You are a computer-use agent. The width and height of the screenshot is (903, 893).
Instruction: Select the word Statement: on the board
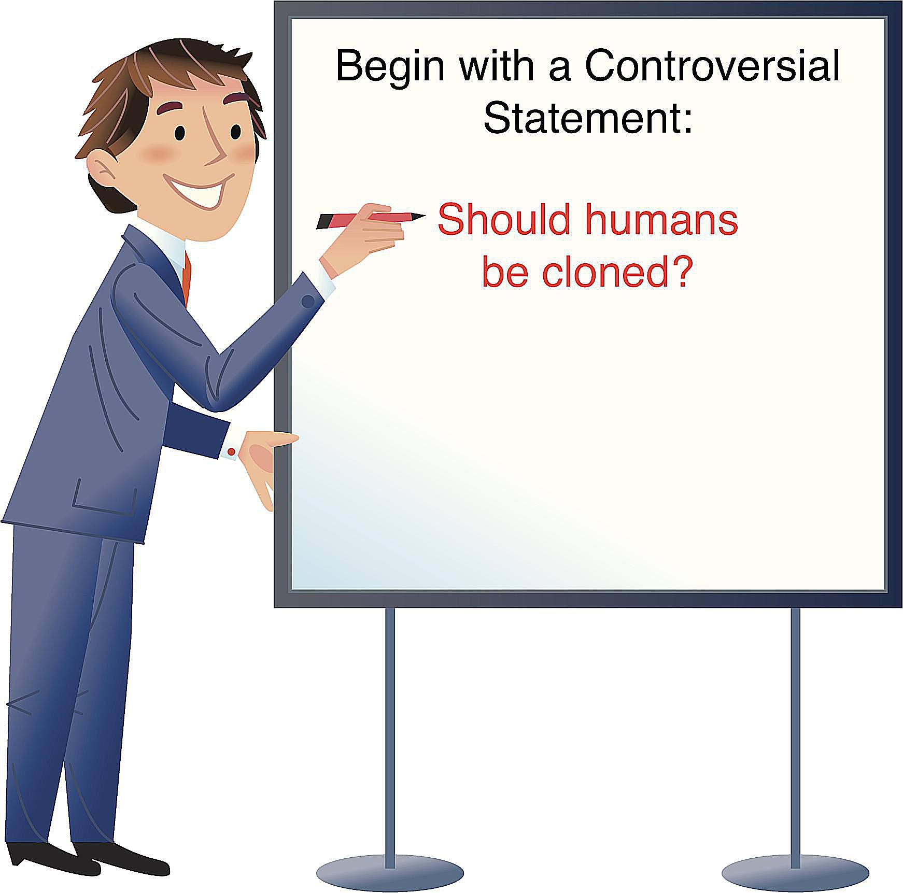tap(588, 117)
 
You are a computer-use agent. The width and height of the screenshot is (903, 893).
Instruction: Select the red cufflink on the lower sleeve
tap(232, 452)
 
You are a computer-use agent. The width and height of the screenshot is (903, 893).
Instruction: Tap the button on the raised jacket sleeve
tap(307, 301)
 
